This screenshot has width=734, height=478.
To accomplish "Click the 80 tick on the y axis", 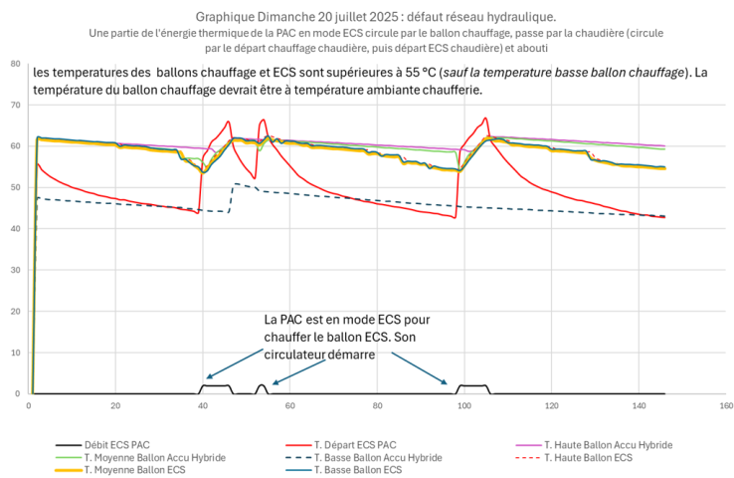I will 14,64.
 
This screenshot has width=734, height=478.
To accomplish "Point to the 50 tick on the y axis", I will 14,187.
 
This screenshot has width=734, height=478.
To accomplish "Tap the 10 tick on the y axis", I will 14,353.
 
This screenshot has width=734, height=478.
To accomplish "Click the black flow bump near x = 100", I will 471,385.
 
